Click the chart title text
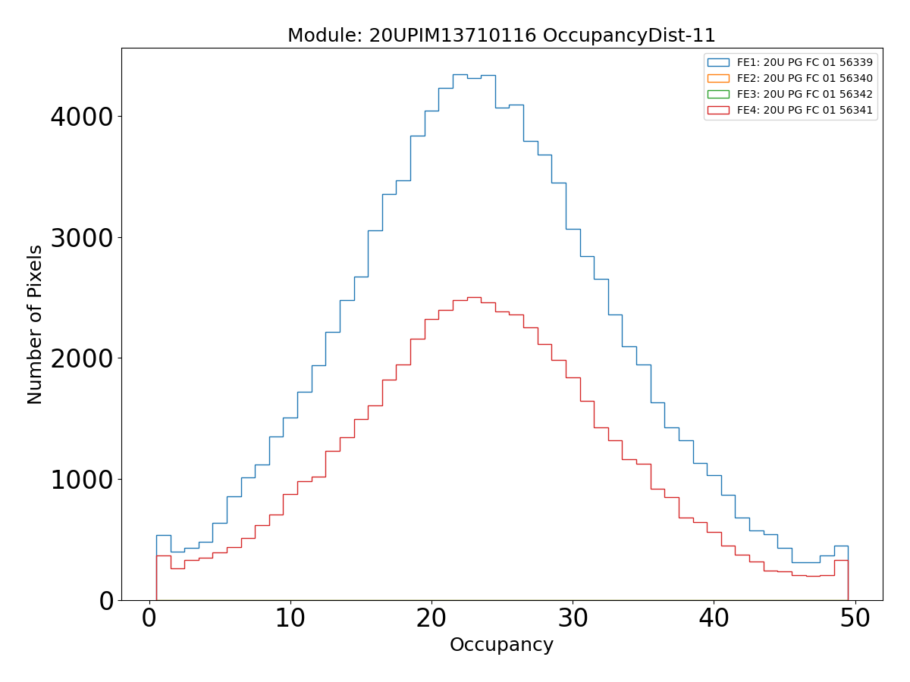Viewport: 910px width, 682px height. pos(501,36)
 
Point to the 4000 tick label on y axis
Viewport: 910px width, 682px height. pos(81,117)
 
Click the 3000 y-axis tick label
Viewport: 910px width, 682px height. pos(81,238)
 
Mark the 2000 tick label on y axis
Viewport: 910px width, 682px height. pos(81,358)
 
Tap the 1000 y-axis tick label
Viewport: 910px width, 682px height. pos(81,480)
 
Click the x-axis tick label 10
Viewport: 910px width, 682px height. pos(290,618)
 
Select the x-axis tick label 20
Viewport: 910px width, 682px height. pos(431,618)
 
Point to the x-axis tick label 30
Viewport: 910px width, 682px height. pos(573,618)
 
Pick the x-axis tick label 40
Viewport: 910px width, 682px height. pos(714,618)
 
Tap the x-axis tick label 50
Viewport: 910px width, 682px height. pos(855,618)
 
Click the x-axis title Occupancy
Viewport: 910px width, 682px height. pos(501,646)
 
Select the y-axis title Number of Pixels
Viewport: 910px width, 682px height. pos(35,324)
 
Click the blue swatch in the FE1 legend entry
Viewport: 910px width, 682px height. pos(717,62)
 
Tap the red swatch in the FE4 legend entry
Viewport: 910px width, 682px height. pos(717,110)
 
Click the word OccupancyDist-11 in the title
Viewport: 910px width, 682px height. pos(629,36)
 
